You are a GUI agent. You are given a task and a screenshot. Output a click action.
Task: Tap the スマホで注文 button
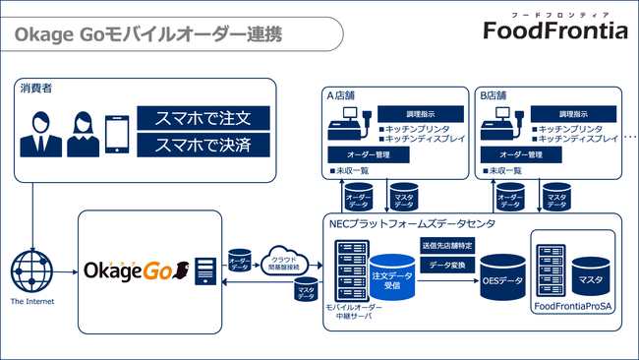[203, 118]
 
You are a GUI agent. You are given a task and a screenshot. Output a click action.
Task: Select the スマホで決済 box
[203, 144]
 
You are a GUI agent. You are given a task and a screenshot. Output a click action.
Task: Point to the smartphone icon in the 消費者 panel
[118, 135]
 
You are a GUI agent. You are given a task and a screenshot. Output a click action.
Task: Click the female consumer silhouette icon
[83, 135]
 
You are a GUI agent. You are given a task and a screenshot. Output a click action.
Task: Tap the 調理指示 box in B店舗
[578, 114]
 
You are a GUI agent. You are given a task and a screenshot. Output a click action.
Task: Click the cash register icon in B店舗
[502, 125]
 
